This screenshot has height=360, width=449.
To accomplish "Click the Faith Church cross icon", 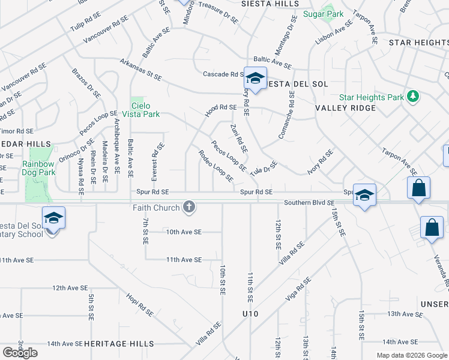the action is pos(189,208).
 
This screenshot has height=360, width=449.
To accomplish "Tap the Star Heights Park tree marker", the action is pos(412,97).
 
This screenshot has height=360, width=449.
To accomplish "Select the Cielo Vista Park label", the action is pos(145,110).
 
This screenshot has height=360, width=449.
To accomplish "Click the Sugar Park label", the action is pos(323,14).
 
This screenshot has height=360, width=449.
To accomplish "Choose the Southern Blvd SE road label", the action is pos(309,203).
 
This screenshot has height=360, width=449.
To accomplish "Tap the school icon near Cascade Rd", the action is pos(255,79).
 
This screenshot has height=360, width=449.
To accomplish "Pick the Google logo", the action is pos(20,352).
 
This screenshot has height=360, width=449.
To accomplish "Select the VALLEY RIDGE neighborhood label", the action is pos(345,108).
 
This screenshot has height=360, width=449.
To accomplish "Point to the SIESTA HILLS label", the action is pos(270,4).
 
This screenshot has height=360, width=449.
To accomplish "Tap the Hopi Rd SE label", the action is pos(140,304).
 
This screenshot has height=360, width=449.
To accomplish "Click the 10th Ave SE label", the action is pos(184,232).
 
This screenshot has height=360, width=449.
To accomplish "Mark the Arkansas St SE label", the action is pos(141,70).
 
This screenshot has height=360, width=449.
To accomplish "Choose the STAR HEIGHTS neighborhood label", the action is pos(418,43).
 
